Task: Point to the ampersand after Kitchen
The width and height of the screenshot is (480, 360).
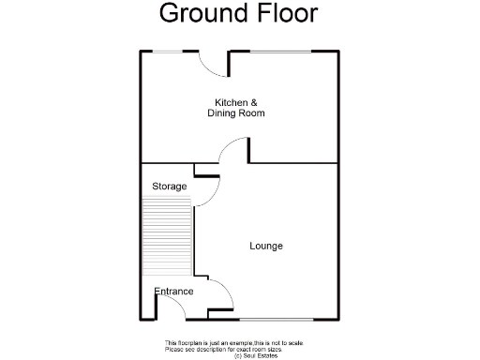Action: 254,102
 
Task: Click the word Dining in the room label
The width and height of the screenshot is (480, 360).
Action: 222,113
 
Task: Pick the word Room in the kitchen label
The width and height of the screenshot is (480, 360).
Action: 252,113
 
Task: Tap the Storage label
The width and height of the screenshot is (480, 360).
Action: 170,187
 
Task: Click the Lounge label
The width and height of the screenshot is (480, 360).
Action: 266,246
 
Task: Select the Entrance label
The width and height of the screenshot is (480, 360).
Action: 174,292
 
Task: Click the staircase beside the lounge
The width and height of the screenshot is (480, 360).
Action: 167,240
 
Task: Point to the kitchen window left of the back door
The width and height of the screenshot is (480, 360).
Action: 175,51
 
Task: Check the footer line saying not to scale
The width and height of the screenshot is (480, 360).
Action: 234,343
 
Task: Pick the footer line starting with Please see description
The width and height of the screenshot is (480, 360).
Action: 234,349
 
